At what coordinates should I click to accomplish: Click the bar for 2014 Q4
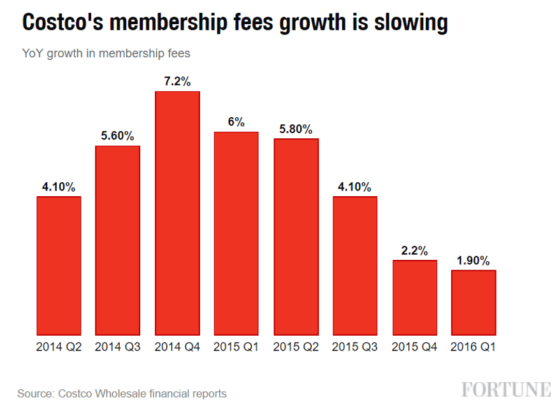[x=177, y=213]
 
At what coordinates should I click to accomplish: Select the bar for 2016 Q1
[x=474, y=303]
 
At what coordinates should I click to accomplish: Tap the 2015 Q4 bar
[x=414, y=298]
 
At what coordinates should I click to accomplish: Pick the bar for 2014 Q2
[x=59, y=266]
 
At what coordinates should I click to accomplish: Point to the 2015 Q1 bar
[x=236, y=234]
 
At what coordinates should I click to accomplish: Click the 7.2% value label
[x=177, y=82]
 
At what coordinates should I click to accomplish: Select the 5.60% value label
[x=117, y=136]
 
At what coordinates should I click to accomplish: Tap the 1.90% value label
[x=473, y=261]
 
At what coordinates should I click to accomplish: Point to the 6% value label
[x=236, y=122]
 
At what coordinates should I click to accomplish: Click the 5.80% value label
[x=296, y=129]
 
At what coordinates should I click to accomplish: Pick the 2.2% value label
[x=414, y=251]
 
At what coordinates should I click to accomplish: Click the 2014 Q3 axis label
[x=117, y=347]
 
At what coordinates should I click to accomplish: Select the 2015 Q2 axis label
[x=296, y=347]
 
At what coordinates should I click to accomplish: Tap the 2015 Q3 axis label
[x=354, y=347]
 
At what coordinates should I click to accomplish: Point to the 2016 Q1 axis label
[x=473, y=347]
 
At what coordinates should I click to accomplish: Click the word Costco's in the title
[x=62, y=22]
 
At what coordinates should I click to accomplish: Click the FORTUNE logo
[x=506, y=390]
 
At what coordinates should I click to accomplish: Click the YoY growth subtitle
[x=106, y=54]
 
